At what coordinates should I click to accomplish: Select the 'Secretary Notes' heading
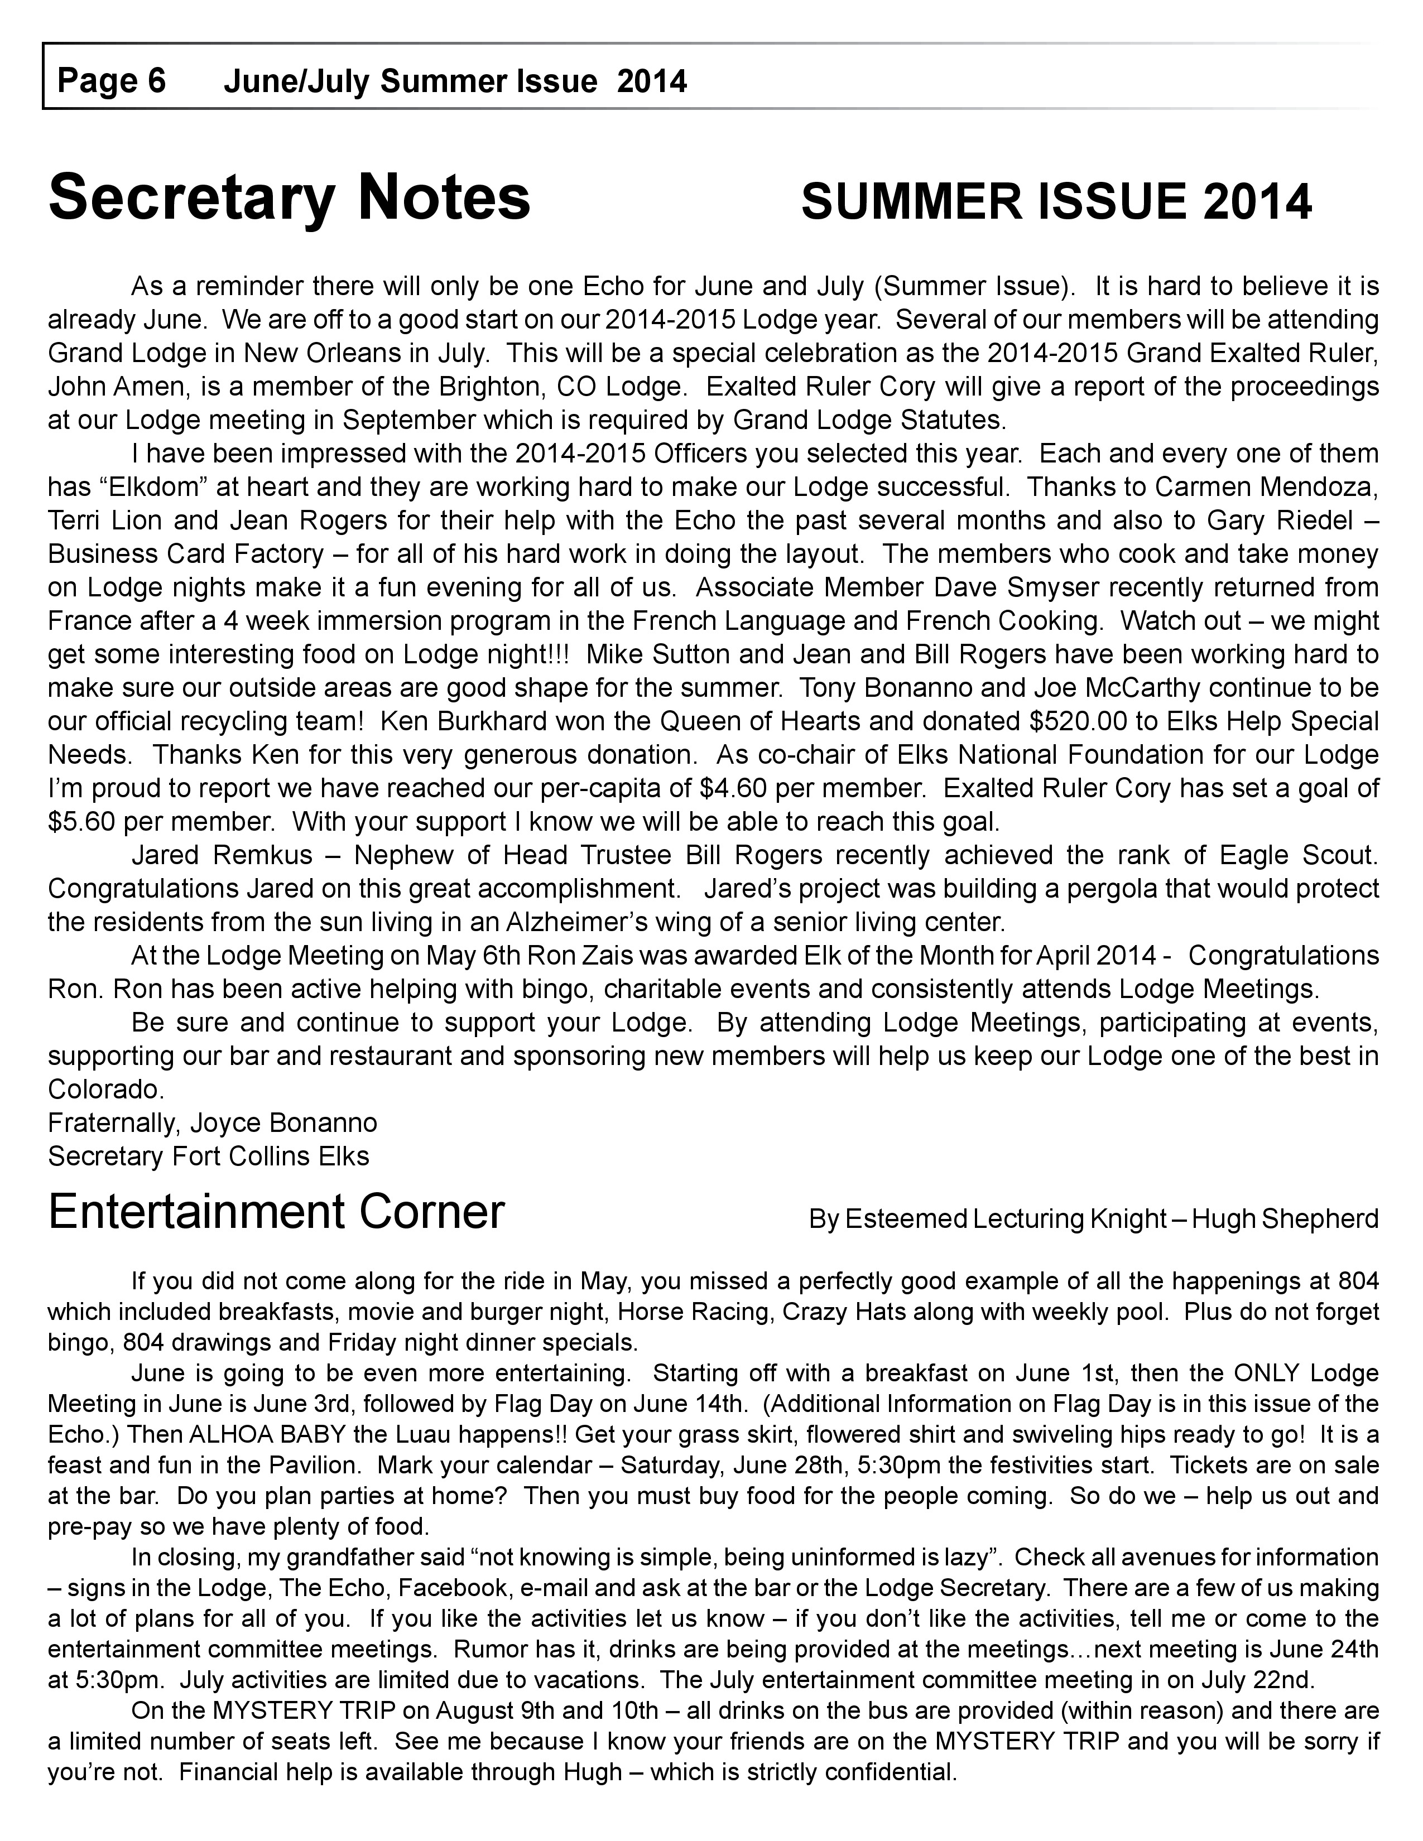pos(289,197)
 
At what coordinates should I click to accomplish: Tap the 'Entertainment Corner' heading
pos(276,1212)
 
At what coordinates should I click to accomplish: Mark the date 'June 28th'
pos(785,1465)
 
